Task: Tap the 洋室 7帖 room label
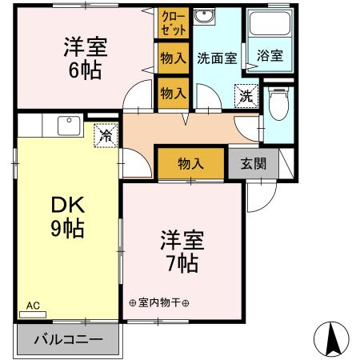[182, 251]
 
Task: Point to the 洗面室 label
[217, 58]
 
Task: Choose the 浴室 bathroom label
[269, 57]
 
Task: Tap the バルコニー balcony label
[68, 339]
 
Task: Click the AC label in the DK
[33, 305]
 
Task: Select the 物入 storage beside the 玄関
[190, 163]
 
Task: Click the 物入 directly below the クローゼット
[173, 58]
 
